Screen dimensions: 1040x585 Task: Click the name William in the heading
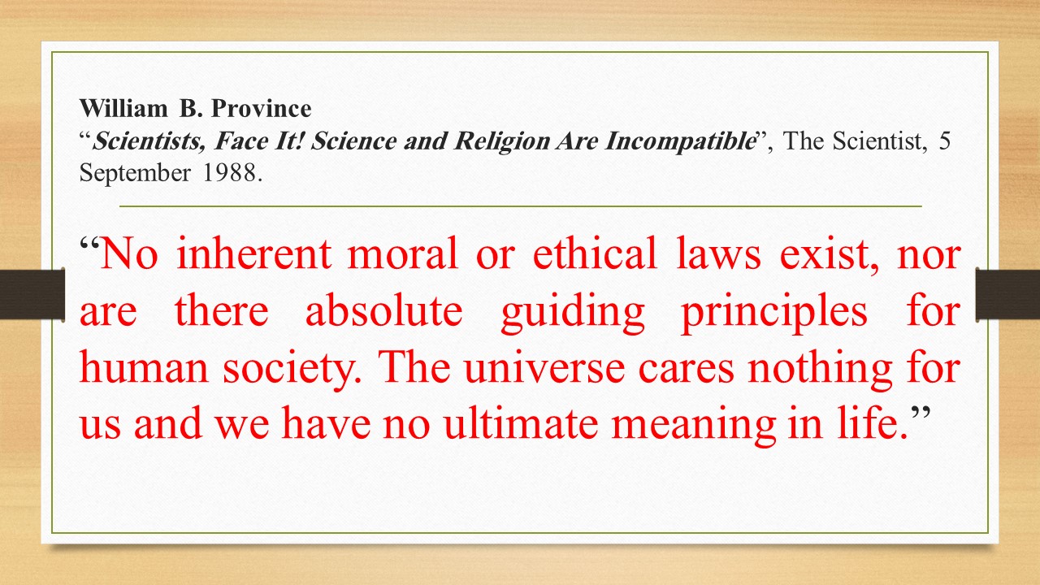[x=123, y=109]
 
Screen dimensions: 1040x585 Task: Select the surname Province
[x=262, y=109]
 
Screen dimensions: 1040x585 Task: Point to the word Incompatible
[x=680, y=141]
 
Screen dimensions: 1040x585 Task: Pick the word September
[x=135, y=174]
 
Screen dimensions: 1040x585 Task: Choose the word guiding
[x=573, y=314]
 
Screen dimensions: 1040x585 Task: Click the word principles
[x=774, y=314]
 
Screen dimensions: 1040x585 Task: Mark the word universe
[x=544, y=370]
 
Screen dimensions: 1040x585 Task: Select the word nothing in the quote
[x=820, y=370]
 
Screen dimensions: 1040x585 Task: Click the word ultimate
[x=521, y=422]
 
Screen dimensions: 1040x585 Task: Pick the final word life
[x=873, y=422]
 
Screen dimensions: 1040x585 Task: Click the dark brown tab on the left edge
[x=32, y=294]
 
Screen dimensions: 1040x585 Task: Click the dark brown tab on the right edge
[x=1008, y=294]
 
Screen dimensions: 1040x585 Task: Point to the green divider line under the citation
[x=521, y=206]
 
